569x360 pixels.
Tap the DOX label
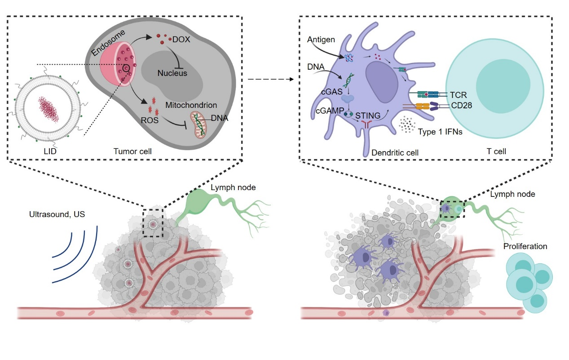point(181,40)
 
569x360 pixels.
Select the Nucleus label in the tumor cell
point(172,73)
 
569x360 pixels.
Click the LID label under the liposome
point(45,151)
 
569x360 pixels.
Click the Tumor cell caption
point(132,151)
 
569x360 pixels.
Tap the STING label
point(366,115)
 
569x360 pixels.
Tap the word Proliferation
point(525,246)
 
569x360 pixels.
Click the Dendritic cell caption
point(395,153)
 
